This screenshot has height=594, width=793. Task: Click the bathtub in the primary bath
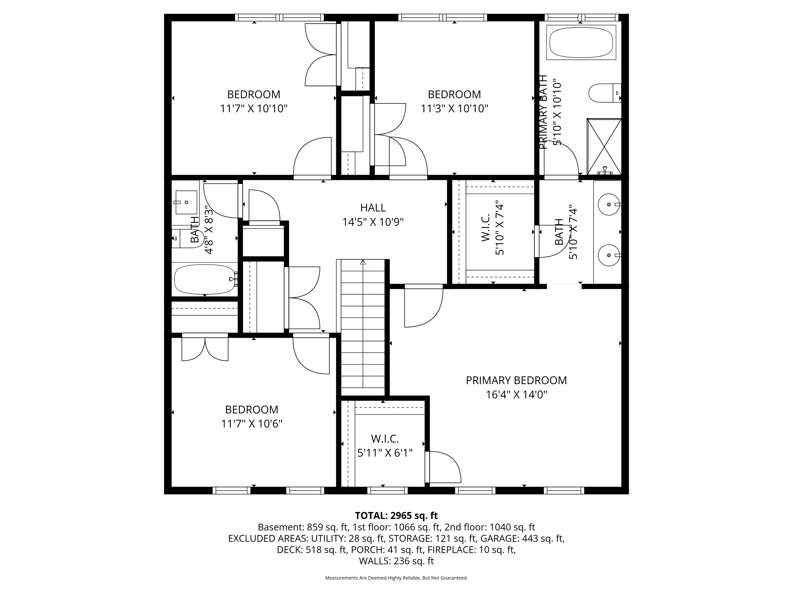point(581,42)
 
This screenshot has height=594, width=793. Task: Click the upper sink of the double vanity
point(609,205)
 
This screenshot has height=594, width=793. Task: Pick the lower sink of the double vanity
point(609,255)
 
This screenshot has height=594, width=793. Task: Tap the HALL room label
point(373,208)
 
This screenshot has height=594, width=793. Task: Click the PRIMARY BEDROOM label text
point(516,380)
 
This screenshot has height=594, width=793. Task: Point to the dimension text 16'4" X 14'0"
point(516,395)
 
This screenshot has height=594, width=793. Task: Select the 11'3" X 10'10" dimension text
point(454,109)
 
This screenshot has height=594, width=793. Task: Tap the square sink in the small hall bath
point(186,202)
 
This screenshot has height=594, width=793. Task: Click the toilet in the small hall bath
point(186,238)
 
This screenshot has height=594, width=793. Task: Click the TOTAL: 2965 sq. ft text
point(396,516)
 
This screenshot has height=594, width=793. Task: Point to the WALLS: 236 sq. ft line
point(396,561)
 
